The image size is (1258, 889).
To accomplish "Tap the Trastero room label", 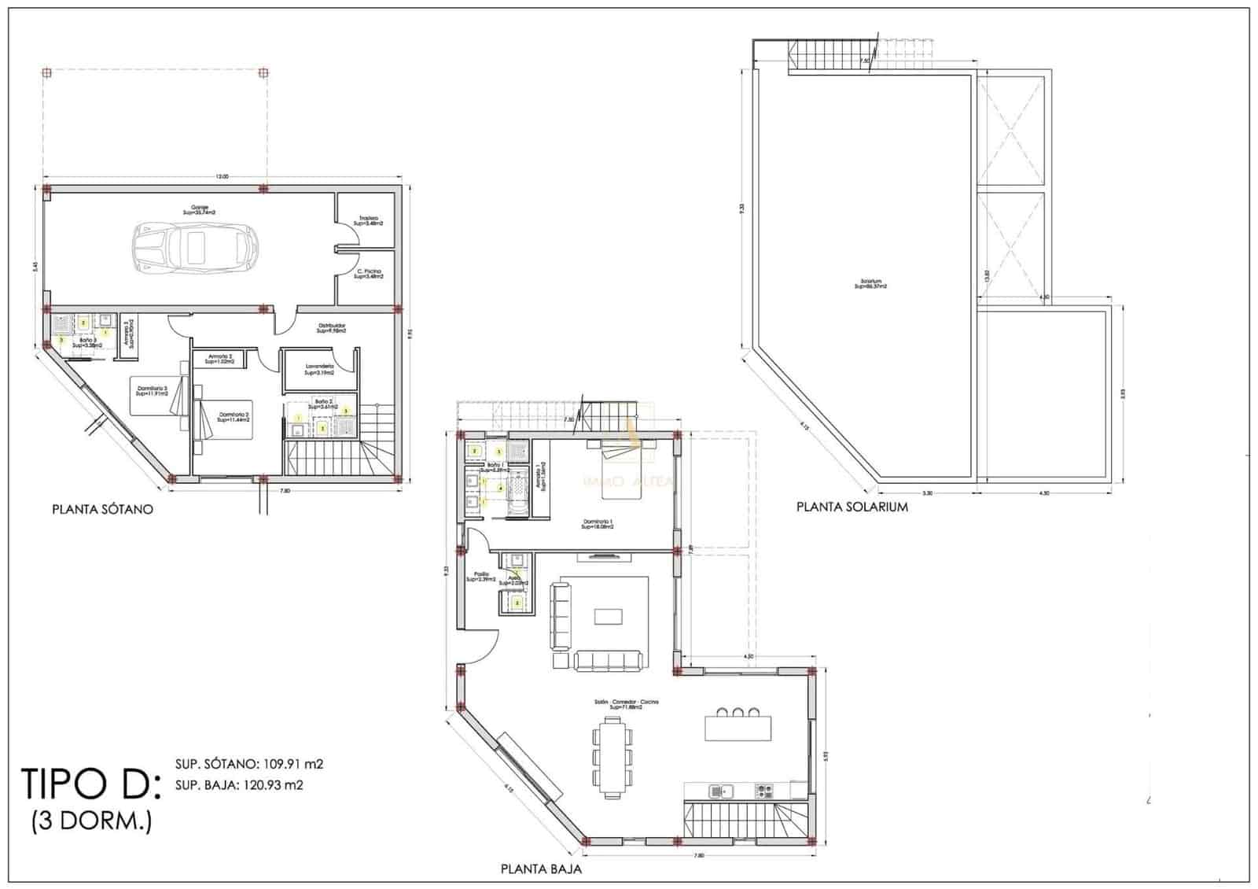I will pos(369,221).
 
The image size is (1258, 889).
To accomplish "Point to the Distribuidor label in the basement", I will pos(332,328).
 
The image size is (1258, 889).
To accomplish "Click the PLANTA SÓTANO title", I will pos(102,509).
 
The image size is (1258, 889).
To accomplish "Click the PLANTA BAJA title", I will pos(541,869).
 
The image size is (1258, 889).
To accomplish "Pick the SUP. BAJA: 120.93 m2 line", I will pos(239,784).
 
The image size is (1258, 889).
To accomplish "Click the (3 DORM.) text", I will pos(91,821).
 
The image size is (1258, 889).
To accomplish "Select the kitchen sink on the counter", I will pos(719,790).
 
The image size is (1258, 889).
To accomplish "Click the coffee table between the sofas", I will pos(608,615).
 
